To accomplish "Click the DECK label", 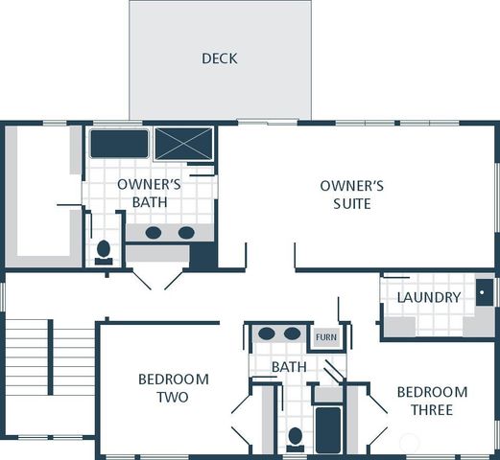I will [x=219, y=58].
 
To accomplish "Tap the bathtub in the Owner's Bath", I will [x=119, y=144].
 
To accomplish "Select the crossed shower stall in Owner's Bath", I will [x=183, y=144].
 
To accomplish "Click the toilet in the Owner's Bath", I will [x=104, y=251].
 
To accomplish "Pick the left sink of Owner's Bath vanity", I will [x=154, y=233].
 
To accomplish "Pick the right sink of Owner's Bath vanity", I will [x=186, y=233].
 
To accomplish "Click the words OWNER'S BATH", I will [x=150, y=193].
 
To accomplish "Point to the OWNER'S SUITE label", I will [x=352, y=195].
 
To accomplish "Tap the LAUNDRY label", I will [x=429, y=297].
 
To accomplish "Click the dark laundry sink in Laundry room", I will [x=485, y=291].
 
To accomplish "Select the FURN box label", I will [x=326, y=337].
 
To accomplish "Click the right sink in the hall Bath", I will [x=292, y=334].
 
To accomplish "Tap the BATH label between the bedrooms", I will [x=288, y=367].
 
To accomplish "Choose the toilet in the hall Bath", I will [x=296, y=438].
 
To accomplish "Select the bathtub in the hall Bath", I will [x=328, y=429].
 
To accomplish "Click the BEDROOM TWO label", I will [x=173, y=388].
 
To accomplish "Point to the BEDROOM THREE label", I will [x=432, y=401].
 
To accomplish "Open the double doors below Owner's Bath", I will [x=157, y=279].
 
